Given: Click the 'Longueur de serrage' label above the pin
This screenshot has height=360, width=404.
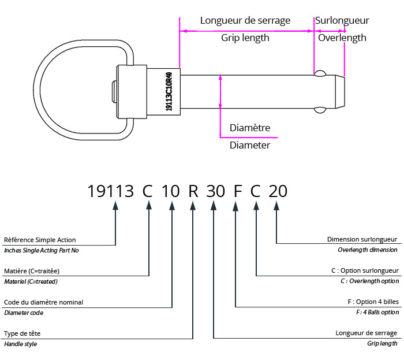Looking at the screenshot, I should (x=245, y=21).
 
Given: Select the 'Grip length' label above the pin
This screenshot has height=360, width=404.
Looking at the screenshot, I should (x=245, y=38).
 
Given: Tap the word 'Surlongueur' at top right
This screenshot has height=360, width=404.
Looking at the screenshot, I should (x=342, y=21).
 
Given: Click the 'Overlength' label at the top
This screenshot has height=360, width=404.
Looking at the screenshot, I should (x=342, y=38).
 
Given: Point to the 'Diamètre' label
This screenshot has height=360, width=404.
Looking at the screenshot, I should (x=250, y=128).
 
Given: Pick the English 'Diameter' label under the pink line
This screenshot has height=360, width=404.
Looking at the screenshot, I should (x=250, y=146).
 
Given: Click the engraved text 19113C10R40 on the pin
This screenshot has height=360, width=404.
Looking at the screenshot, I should (x=169, y=92).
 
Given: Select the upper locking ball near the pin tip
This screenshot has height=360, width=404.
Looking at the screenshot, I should (x=320, y=73).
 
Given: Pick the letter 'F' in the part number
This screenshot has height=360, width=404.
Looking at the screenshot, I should (x=236, y=191).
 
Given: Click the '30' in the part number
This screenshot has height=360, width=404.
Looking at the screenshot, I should (x=215, y=191).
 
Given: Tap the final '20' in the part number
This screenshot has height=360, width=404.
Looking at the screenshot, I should (x=278, y=191).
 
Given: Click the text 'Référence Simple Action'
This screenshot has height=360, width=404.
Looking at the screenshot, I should (x=40, y=240).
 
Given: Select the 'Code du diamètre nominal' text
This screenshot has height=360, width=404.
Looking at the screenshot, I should (x=43, y=302).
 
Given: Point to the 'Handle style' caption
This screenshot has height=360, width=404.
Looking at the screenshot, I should (x=21, y=344).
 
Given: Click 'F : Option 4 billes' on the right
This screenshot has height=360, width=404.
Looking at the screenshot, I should (x=367, y=302).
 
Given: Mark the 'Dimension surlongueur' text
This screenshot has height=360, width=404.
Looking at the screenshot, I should (x=362, y=239).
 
